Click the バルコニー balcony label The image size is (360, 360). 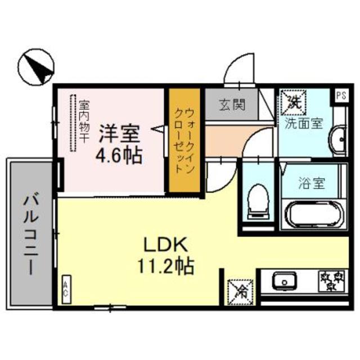(29, 233)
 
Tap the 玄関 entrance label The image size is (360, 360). (231, 105)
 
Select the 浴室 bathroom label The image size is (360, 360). (310, 183)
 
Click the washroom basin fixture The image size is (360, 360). (339, 140)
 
